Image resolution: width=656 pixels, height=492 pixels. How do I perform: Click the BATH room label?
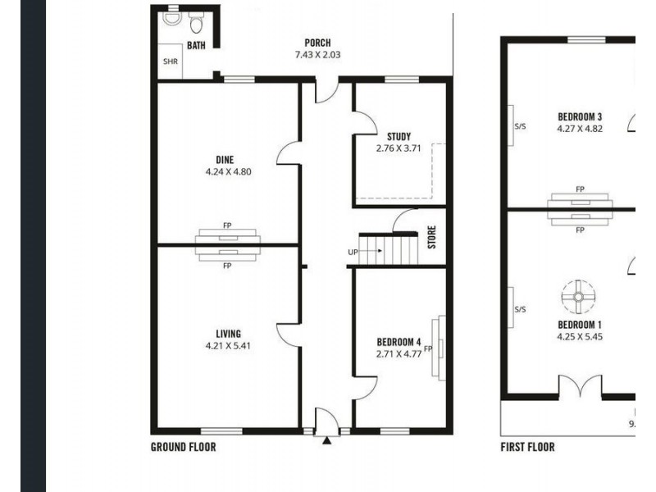click(196, 46)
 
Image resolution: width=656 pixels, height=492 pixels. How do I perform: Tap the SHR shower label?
click(170, 61)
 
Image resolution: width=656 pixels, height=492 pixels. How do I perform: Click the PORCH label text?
click(317, 43)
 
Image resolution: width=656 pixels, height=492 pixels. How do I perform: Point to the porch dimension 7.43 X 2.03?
click(317, 55)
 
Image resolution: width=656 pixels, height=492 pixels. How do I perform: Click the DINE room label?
click(225, 160)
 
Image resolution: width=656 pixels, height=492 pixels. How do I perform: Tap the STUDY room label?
click(399, 136)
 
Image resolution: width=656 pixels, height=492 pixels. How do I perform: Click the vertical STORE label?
click(431, 238)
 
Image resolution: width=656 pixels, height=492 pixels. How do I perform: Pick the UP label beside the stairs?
click(352, 251)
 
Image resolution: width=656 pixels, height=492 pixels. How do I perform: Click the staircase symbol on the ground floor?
click(389, 248)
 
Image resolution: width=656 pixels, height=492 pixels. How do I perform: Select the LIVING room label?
click(228, 334)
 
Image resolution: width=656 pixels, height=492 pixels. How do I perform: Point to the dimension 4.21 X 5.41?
click(228, 346)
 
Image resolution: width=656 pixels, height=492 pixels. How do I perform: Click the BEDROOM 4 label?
click(399, 342)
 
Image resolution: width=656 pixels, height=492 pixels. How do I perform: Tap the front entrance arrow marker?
click(327, 440)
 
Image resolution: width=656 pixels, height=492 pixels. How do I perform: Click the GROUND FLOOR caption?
click(184, 447)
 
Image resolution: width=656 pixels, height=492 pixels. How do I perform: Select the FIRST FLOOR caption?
click(527, 447)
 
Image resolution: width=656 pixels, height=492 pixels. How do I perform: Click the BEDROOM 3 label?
click(580, 116)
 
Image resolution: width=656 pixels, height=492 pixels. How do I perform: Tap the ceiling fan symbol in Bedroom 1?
click(578, 297)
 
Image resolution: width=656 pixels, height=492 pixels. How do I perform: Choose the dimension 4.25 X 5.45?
click(580, 336)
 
